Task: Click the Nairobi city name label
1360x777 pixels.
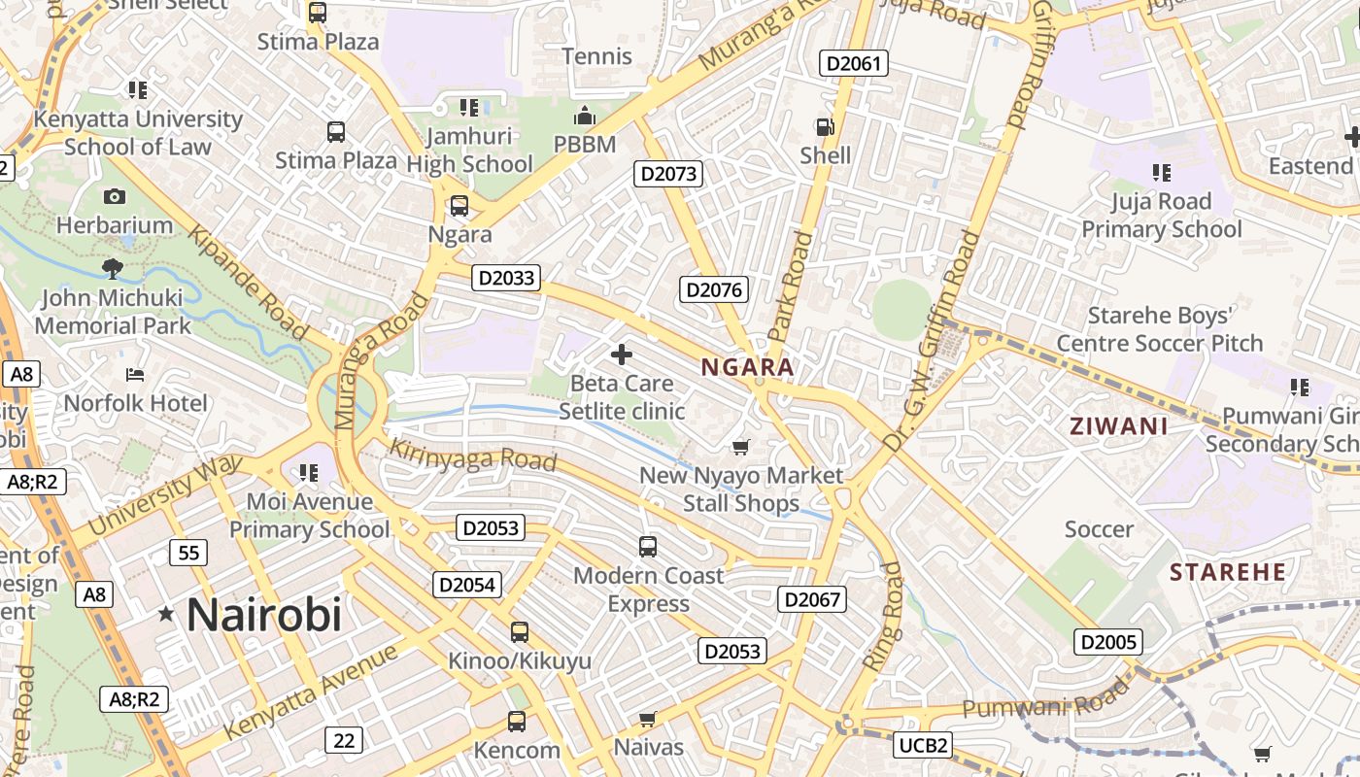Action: tap(263, 615)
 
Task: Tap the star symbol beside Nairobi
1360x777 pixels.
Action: tap(166, 614)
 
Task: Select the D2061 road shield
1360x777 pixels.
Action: tap(854, 64)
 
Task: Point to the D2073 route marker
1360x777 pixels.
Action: tap(668, 174)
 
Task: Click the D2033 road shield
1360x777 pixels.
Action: tap(506, 278)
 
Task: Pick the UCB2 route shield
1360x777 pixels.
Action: tap(922, 745)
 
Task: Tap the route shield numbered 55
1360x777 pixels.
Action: tap(187, 554)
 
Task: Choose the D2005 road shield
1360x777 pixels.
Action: tap(1107, 641)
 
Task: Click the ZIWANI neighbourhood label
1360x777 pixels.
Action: tap(1118, 425)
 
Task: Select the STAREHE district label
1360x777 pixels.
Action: tap(1228, 572)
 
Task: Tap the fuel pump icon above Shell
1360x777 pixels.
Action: tap(825, 127)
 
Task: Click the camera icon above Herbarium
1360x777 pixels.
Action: tap(115, 196)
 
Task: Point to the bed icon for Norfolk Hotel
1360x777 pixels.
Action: tap(135, 375)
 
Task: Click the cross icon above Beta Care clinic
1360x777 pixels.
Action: tap(622, 355)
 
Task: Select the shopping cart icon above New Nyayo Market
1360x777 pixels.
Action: tap(741, 447)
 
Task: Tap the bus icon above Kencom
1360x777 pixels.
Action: tap(517, 722)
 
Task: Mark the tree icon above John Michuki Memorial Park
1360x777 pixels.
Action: tap(113, 268)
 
